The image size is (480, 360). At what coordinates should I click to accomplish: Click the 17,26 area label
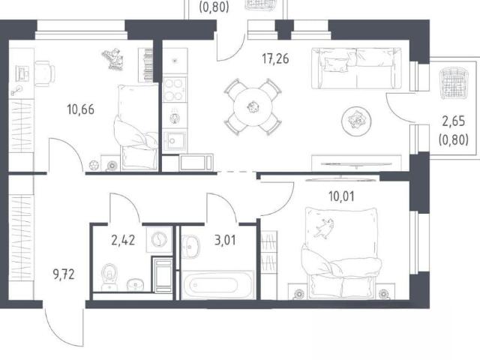click(275, 58)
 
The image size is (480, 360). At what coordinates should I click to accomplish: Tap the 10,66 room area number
click(80, 109)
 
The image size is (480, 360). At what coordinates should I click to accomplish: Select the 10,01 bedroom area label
click(341, 196)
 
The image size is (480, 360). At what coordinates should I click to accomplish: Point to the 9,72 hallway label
click(64, 274)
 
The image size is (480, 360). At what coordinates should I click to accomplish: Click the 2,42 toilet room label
click(123, 240)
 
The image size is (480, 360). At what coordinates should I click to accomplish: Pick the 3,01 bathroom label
click(225, 240)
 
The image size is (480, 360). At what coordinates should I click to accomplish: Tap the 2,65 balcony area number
click(453, 121)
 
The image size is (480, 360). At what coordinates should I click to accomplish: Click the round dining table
click(253, 107)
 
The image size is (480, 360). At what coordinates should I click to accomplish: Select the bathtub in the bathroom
click(217, 285)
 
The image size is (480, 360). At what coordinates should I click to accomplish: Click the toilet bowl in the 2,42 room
click(109, 277)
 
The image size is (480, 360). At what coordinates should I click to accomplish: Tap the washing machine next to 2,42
click(159, 239)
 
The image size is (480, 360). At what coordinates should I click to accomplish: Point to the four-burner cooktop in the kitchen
click(175, 89)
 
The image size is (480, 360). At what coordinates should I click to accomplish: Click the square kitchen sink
click(174, 141)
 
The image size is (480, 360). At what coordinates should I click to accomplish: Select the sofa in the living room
click(357, 68)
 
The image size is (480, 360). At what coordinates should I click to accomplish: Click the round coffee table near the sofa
click(356, 121)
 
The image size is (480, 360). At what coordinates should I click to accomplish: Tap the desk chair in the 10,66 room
click(45, 73)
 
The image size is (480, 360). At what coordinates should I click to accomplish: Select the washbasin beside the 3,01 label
click(190, 247)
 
